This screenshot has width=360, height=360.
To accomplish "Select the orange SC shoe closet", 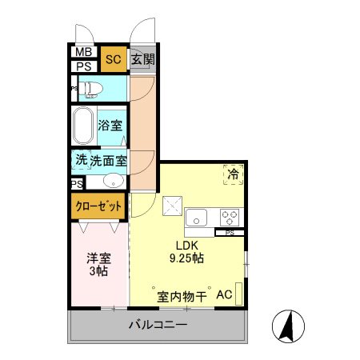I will pos(113,58).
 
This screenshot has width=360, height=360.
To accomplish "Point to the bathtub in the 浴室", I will pos(82,126).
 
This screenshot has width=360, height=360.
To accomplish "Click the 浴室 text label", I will pos(110,126).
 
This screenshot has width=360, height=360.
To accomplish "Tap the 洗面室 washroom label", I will pos(108,160).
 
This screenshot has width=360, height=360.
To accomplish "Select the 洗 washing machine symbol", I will pos(80,159).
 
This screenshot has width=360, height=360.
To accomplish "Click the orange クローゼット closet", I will pos(98,206).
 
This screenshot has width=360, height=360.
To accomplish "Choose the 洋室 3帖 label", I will pos(98,266).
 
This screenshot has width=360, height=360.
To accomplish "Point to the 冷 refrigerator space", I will pos(234,174).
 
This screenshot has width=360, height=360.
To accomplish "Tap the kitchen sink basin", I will pos(197,216).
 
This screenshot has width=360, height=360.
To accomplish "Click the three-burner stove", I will pos(230,216).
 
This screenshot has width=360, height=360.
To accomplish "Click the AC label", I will pos(224,295).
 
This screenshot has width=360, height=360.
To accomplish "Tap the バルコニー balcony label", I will pos(158,326).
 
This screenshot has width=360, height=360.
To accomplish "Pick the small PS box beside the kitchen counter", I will pos(230,233).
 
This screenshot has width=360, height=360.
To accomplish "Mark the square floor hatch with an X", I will pos(171,206).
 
